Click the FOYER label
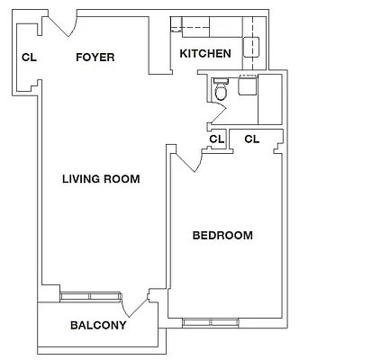coord(95,57)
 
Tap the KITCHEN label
coord(205,54)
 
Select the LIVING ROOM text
coord(101,179)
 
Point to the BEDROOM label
coord(222,236)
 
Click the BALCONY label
coord(97,325)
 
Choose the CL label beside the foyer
coord(29,58)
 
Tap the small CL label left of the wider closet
coord(216,139)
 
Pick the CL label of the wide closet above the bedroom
coord(251,139)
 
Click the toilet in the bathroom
coord(220,91)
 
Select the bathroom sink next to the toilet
coord(246,87)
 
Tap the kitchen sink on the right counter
coord(253,45)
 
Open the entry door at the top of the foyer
coord(60,24)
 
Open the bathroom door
coord(215,115)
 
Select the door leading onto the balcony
coord(138,303)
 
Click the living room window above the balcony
coord(87,295)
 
